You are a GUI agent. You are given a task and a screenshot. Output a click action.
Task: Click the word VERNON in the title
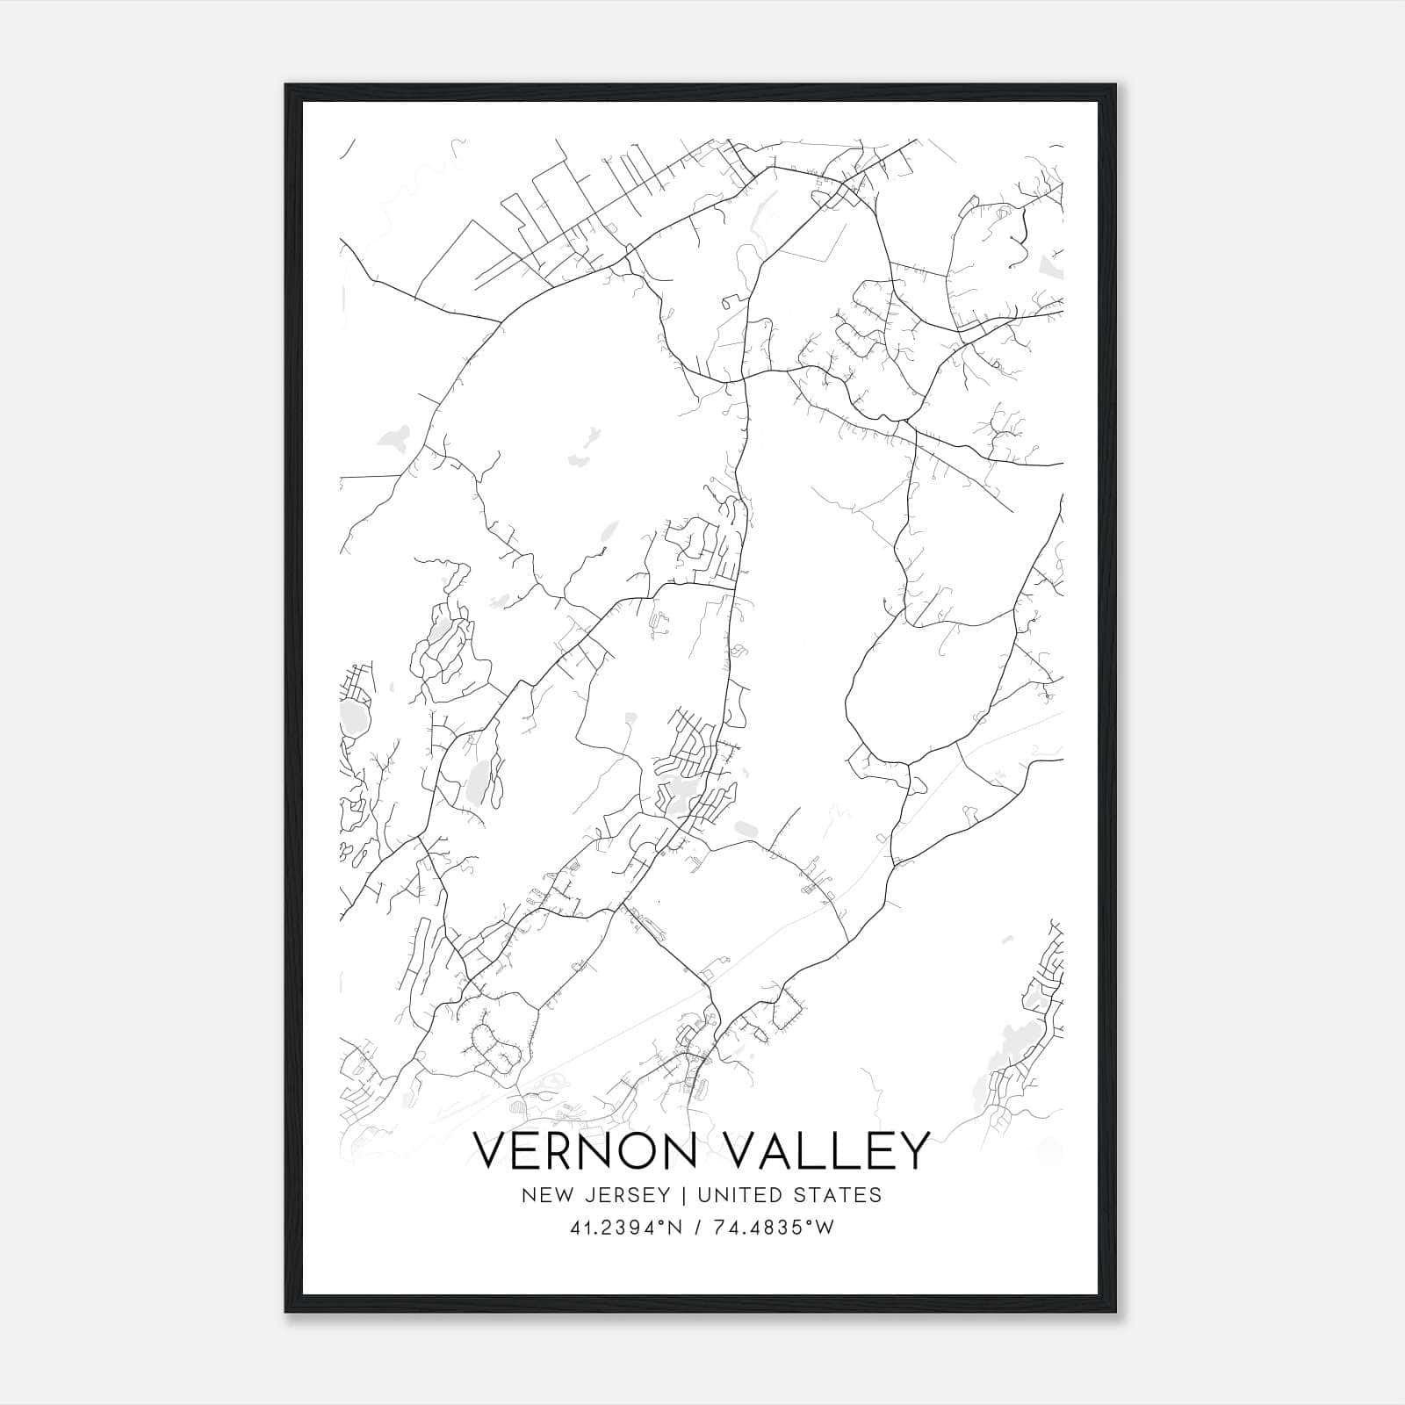[586, 1150]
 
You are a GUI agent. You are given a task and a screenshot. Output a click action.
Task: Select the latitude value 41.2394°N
[626, 1228]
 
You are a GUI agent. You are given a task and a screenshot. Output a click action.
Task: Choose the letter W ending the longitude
[824, 1228]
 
